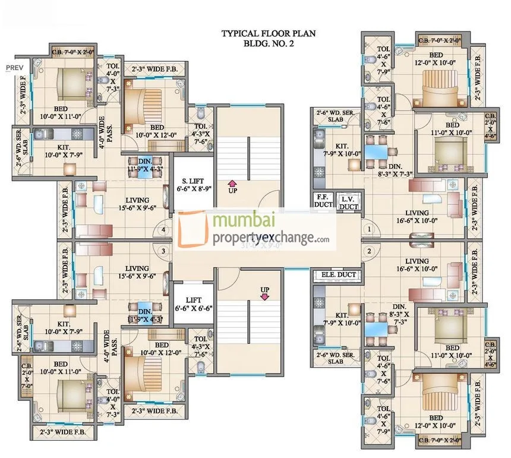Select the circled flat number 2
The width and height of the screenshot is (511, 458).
[x=368, y=251]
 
